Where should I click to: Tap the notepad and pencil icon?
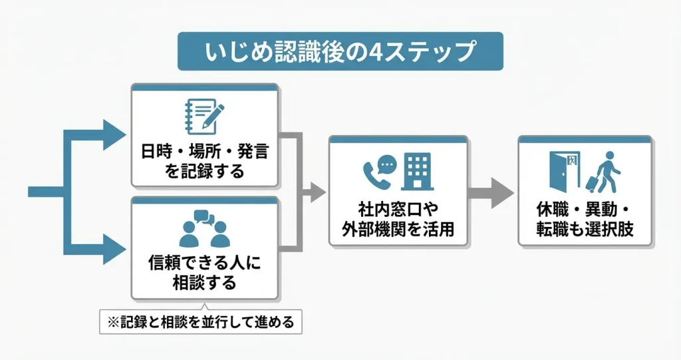pyautogui.click(x=204, y=118)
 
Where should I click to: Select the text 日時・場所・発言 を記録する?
pyautogui.click(x=204, y=162)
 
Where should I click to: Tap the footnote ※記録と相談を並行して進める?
pyautogui.click(x=200, y=322)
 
